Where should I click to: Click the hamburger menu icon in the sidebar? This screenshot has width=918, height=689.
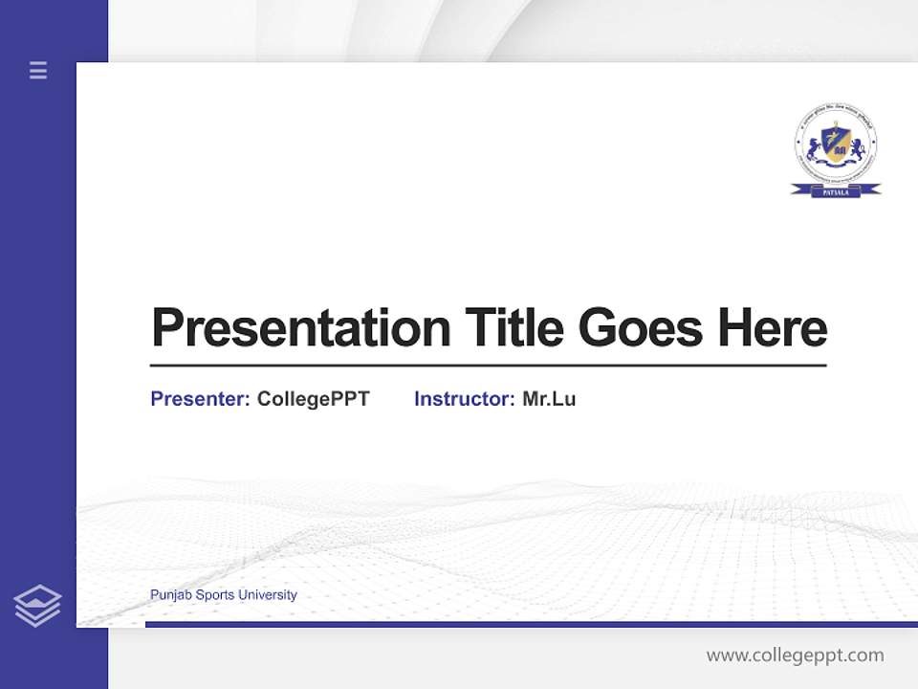pos(38,70)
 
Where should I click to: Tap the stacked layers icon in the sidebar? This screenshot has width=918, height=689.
pos(37,606)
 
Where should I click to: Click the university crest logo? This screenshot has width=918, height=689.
pos(836,145)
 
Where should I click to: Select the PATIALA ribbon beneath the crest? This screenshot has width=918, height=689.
pos(836,191)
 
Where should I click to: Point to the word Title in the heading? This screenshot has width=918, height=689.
pos(514,328)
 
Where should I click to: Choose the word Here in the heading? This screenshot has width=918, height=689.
pos(772,328)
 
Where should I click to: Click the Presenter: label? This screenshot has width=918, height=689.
pos(200,399)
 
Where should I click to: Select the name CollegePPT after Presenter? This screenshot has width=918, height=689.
pos(314,399)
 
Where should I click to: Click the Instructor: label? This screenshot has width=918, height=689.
pos(465,399)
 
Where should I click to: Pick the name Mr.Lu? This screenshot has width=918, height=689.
pos(549,399)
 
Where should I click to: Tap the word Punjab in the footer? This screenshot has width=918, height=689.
pos(170,595)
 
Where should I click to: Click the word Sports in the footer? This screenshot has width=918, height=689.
pos(214,595)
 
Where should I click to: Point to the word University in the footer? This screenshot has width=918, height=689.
pos(268,595)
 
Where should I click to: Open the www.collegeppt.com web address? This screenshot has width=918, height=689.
pos(795,656)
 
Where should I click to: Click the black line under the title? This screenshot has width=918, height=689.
pos(488,366)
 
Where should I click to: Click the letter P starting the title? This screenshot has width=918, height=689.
pos(166,328)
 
